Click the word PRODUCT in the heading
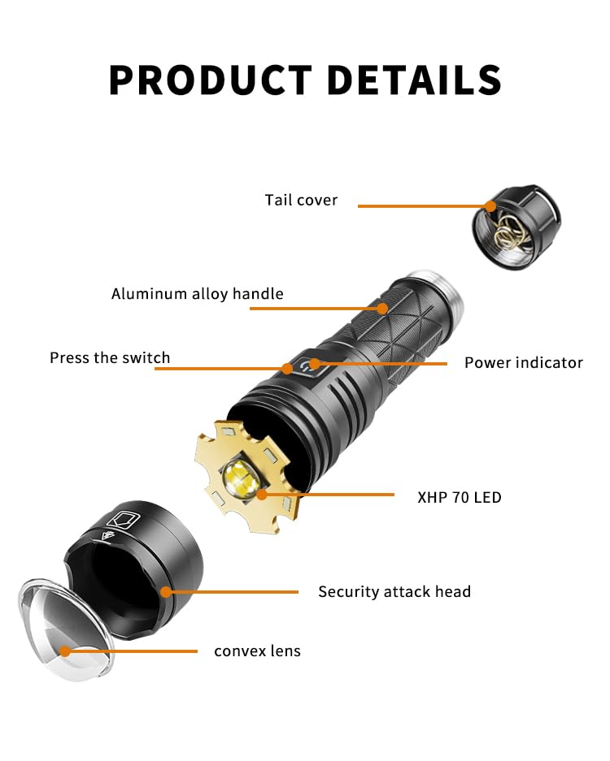210,80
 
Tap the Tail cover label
301,200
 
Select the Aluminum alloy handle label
198,294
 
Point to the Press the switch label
110,358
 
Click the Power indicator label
524,363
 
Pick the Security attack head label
394,592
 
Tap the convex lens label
257,651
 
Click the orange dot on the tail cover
491,206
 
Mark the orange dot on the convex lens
64,651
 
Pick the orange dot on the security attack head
167,592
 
